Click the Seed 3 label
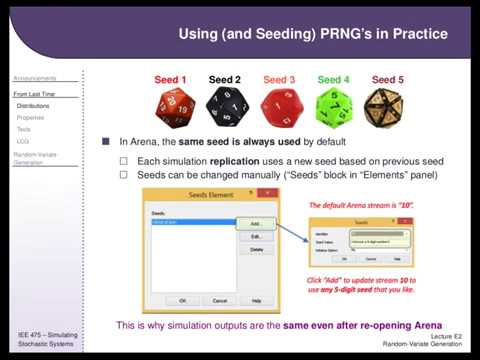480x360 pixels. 279,79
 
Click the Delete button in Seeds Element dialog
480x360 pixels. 256,249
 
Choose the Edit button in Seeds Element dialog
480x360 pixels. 256,236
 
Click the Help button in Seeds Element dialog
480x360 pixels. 256,299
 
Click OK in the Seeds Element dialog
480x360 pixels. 182,299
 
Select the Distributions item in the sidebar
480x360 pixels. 33,105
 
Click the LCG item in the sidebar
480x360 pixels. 23,141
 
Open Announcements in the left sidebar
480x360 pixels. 34,78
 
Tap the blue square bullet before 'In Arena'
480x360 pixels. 107,142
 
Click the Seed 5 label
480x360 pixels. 388,79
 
